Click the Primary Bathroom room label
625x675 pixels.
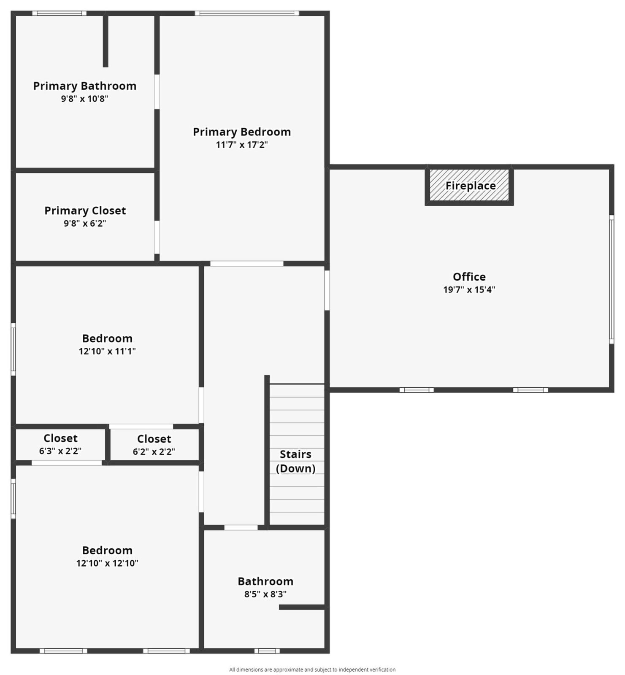[x=85, y=86]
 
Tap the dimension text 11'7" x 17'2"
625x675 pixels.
[x=242, y=145]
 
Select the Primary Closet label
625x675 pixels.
[x=85, y=211]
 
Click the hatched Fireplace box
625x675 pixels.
[x=469, y=185]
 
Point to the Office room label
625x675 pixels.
[x=469, y=277]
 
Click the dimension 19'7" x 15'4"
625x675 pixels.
[x=469, y=290]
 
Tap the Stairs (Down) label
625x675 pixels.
[x=296, y=461]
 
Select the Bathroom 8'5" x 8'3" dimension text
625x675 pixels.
[x=265, y=594]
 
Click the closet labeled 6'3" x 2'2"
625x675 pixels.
[x=60, y=444]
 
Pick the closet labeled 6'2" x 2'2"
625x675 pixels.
[x=154, y=445]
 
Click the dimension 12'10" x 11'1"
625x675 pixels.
[x=107, y=351]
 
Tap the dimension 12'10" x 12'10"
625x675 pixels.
[x=107, y=563]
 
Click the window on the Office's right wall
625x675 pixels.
[x=611, y=279]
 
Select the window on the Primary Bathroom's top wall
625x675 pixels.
[x=60, y=13]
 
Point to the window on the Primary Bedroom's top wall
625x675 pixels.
[x=247, y=13]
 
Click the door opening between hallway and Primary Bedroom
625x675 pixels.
[x=247, y=264]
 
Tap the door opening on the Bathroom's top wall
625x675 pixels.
[x=241, y=527]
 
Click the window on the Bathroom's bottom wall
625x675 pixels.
[x=267, y=651]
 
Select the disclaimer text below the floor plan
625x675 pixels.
[x=312, y=670]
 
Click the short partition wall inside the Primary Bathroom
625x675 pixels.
[x=106, y=41]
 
